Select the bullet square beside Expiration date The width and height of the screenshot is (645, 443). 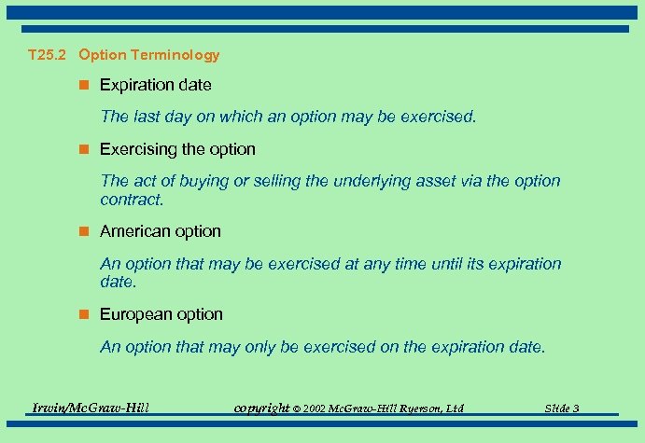coord(84,85)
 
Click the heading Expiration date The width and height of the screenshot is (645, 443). coord(155,85)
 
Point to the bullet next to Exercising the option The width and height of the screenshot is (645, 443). coord(84,149)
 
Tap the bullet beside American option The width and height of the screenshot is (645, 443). coord(84,231)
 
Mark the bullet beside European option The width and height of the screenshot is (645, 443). coord(84,314)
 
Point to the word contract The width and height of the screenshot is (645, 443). coord(130,200)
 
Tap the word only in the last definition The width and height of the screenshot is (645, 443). coord(261,347)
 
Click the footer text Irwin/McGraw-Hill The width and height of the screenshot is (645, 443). coord(91,408)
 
